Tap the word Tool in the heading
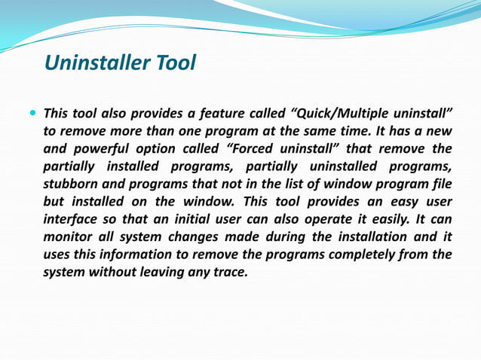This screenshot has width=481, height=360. coord(175,63)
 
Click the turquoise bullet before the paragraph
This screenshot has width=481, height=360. coord(32,114)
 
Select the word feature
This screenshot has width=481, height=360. coord(219,114)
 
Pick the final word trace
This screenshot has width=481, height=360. coord(231,272)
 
